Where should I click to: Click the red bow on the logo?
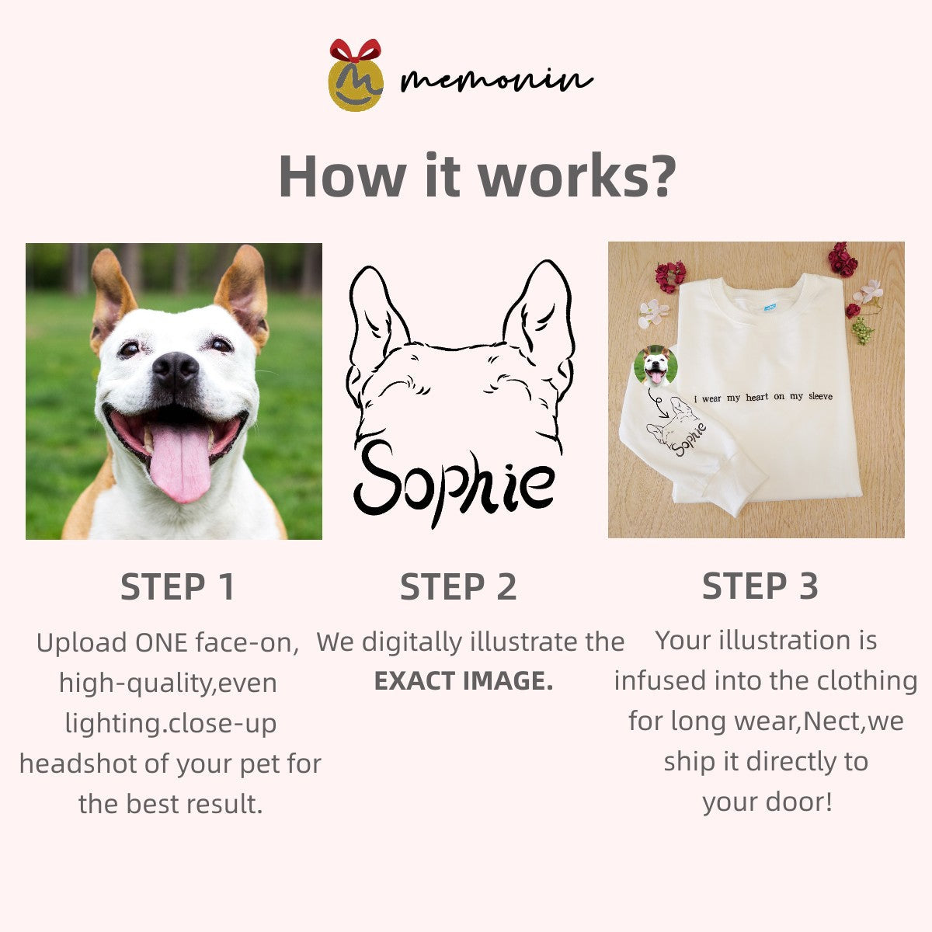pyautogui.click(x=356, y=50)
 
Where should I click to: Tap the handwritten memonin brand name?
pyautogui.click(x=497, y=80)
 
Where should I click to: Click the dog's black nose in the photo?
pyautogui.click(x=175, y=369)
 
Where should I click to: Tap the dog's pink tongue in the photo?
pyautogui.click(x=180, y=461)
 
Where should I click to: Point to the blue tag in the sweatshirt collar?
pyautogui.click(x=770, y=307)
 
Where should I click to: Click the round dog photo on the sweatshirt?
pyautogui.click(x=656, y=365)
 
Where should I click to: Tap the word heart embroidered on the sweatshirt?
pyautogui.click(x=756, y=398)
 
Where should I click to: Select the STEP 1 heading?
pyautogui.click(x=178, y=586)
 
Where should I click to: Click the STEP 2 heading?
pyautogui.click(x=458, y=586)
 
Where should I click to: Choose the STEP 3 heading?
pyautogui.click(x=760, y=586)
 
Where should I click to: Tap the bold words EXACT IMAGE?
pyautogui.click(x=464, y=681)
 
